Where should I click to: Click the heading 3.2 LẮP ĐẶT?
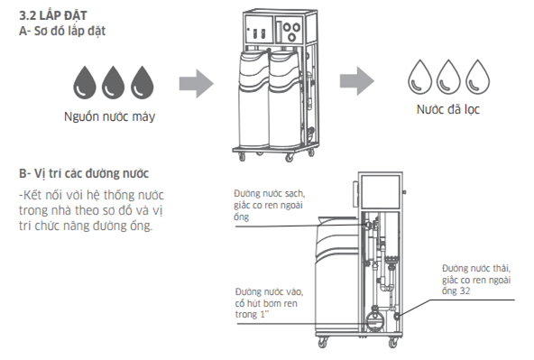click(x=53, y=15)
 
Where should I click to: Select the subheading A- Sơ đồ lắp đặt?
click(x=62, y=31)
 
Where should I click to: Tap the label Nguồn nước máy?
click(x=110, y=116)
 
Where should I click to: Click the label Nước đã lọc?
click(x=447, y=109)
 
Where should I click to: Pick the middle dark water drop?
click(x=113, y=82)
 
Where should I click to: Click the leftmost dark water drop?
click(x=85, y=82)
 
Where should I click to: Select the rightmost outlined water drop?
click(x=477, y=77)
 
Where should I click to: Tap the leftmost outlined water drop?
click(x=420, y=77)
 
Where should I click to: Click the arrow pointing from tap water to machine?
click(x=197, y=84)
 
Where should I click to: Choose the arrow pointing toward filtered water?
click(x=357, y=81)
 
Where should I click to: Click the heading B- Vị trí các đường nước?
click(x=84, y=173)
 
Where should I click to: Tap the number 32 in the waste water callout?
click(x=465, y=291)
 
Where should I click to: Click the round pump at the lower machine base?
click(x=374, y=319)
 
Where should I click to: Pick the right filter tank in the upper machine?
click(x=285, y=98)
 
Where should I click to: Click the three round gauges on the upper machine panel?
click(x=292, y=31)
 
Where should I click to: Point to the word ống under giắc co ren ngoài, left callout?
click(x=241, y=217)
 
